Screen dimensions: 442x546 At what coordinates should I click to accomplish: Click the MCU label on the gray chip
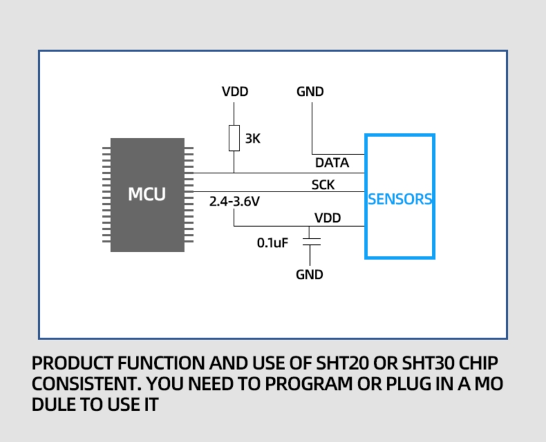147,195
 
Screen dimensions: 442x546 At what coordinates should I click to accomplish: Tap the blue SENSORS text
400,199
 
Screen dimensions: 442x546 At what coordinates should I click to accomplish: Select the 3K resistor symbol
234,138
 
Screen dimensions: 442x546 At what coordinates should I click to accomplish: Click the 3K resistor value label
252,139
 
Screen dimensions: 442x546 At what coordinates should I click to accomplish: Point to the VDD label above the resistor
235,92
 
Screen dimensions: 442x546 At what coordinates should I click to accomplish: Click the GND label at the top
310,92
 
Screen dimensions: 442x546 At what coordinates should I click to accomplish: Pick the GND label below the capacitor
309,275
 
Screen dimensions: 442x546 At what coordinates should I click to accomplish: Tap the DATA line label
332,163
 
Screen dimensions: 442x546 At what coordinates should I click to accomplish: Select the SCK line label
323,185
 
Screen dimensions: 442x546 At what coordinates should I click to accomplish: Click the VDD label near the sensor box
327,218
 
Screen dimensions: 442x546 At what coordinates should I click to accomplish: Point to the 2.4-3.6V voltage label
234,202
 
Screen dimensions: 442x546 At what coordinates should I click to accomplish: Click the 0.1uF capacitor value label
272,243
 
